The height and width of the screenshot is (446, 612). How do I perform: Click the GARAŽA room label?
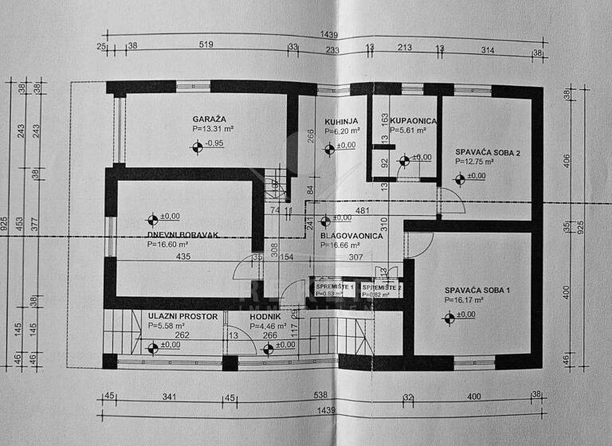(x=210, y=118)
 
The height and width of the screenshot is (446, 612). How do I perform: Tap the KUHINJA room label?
(x=341, y=121)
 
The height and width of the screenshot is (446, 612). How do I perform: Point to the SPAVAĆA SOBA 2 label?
(x=488, y=151)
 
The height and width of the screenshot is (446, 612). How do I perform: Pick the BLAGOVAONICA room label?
(x=352, y=236)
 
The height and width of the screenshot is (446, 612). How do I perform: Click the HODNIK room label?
(x=265, y=315)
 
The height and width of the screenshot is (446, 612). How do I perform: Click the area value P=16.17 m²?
(x=470, y=300)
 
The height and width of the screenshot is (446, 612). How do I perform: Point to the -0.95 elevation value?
(x=214, y=143)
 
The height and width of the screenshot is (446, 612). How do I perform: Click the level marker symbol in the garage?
(x=196, y=146)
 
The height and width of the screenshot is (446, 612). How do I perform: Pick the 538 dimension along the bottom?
(x=321, y=395)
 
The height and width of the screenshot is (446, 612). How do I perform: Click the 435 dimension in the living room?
(x=182, y=257)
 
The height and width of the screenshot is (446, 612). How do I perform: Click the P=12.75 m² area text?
(x=475, y=161)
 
